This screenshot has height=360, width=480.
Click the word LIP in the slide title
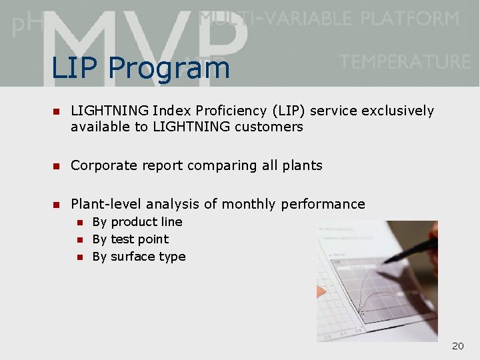75,68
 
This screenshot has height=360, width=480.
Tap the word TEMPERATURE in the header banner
405,62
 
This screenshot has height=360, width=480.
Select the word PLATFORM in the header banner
410,18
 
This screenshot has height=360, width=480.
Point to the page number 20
457,346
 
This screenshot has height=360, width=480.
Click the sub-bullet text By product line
137,222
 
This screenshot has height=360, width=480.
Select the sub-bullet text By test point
131,239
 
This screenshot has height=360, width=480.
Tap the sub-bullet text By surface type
139,257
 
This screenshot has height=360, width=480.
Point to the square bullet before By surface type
79,257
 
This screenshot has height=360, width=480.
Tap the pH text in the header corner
24,25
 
